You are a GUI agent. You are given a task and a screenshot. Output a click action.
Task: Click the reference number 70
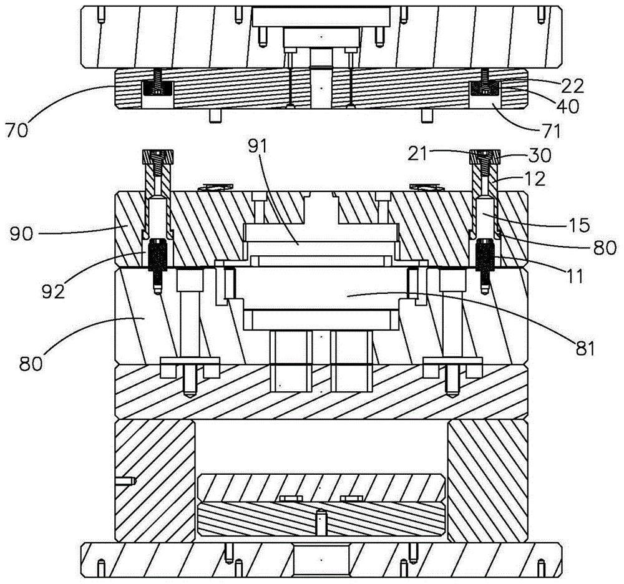coord(17,130)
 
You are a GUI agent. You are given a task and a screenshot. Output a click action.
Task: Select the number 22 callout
coord(572,86)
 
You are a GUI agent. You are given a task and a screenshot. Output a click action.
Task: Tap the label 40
coord(567,106)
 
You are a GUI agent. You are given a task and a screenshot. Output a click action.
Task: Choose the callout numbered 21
coord(417,153)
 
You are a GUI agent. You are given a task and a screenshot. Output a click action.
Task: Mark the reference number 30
coord(539,155)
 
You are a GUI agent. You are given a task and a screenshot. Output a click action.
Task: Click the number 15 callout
coord(579,225)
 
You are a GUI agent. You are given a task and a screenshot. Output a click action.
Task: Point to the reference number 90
coord(21,233)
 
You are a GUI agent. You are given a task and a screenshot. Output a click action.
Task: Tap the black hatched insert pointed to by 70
coord(158,88)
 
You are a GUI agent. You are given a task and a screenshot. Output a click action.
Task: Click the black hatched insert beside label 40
coord(485,88)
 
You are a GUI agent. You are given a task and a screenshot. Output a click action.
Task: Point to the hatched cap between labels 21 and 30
coord(485,157)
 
